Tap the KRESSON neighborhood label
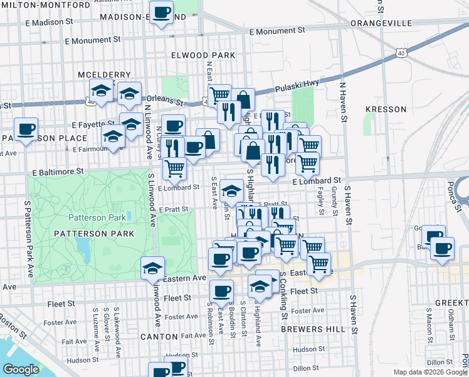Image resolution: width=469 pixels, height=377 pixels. coord(386,109)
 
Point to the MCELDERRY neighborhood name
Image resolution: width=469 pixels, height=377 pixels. coord(105,75)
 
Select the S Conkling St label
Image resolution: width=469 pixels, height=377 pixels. coord(283,297)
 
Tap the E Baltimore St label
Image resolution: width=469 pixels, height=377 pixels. coord(55,170)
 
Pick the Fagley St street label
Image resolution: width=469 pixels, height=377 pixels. coord(322,201)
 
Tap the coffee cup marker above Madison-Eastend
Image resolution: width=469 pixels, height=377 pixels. coord(162,13)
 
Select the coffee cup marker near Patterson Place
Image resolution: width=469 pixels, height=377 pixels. coord(26,130)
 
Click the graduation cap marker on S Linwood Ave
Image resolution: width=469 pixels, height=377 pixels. coord(152,269)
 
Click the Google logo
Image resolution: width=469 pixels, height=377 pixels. coord(21,369)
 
